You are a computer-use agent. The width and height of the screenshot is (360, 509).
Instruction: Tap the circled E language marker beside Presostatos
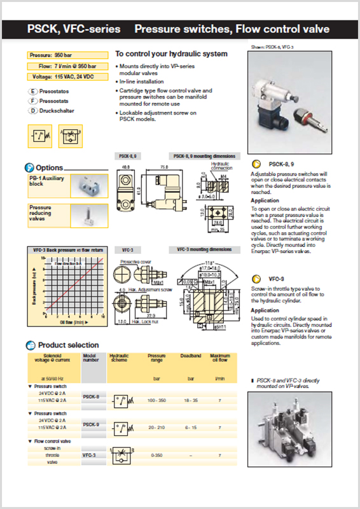tap(32, 92)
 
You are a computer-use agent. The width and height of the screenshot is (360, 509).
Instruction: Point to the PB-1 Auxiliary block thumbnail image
tap(85, 186)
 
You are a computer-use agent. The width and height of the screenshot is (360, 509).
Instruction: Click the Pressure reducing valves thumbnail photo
tap(85, 215)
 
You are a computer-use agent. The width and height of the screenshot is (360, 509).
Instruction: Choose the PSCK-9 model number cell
tap(91, 424)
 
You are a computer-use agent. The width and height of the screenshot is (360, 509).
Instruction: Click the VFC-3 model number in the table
tap(90, 456)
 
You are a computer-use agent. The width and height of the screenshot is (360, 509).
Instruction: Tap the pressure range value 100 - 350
tap(156, 401)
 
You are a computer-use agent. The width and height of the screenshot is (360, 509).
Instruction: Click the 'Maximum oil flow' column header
tap(220, 358)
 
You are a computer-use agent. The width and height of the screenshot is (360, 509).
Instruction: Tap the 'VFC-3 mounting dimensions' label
tap(204, 250)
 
